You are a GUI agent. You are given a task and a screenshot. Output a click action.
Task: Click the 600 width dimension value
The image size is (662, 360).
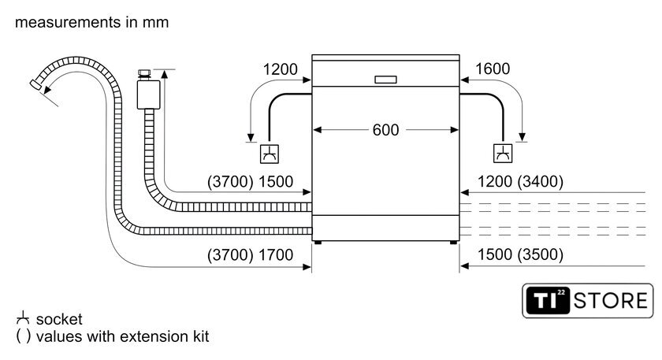385,130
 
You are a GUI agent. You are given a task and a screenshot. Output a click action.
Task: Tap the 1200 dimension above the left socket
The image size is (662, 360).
281,69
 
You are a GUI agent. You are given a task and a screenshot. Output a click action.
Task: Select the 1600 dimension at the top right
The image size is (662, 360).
493,69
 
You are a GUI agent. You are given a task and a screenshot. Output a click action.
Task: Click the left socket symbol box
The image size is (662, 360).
270,153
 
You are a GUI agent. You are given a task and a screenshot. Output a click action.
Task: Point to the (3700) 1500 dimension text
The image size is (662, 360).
250,182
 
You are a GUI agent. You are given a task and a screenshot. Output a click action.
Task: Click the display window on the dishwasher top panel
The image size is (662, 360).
385,79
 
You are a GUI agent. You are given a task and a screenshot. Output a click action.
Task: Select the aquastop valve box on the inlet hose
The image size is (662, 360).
145,94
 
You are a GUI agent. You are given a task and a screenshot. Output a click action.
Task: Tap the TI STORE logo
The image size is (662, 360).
588,300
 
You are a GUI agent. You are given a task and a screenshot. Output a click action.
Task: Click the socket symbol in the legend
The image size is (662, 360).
23,319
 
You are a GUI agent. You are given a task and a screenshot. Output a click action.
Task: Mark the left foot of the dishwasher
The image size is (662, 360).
318,243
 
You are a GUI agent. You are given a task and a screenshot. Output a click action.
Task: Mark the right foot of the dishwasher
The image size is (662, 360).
453,243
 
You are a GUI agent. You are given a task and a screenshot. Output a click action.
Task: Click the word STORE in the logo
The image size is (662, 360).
612,300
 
